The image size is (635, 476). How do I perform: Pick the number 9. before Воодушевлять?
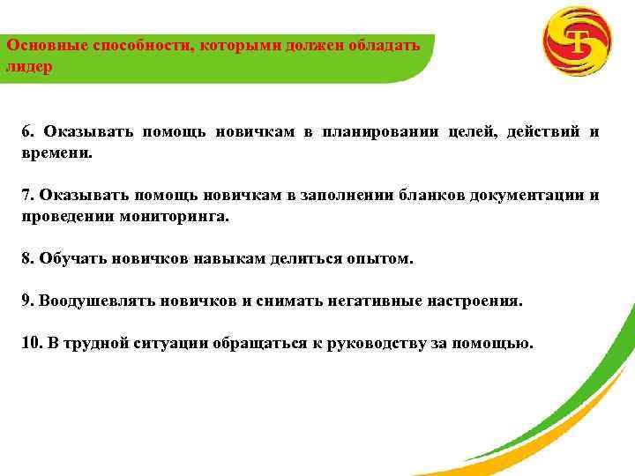click(28, 301)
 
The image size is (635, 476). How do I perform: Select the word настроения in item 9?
click(475, 301)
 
